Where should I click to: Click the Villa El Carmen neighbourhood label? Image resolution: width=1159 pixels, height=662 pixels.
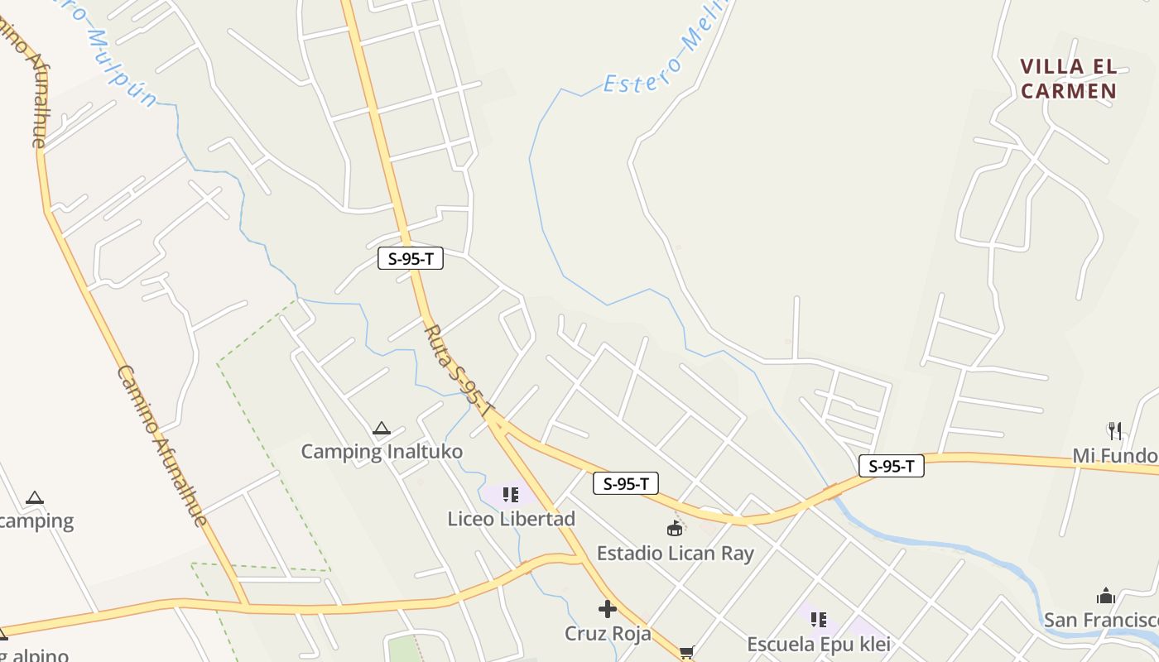(x=1068, y=79)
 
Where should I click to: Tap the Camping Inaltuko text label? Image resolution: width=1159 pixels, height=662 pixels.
(x=381, y=452)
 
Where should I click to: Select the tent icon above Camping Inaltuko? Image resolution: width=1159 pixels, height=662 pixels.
(x=381, y=428)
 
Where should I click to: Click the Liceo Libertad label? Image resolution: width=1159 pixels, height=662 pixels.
(x=511, y=519)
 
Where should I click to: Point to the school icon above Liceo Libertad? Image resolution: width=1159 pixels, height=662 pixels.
(x=511, y=495)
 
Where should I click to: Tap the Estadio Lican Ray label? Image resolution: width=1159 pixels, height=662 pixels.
(x=675, y=553)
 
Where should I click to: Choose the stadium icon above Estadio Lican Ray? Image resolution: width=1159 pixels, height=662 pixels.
(x=675, y=529)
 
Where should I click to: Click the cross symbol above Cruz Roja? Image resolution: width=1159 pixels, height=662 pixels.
(x=608, y=610)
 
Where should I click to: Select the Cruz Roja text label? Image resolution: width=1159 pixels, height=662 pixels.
(x=608, y=634)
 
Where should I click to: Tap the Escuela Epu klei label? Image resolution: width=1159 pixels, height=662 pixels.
(x=818, y=644)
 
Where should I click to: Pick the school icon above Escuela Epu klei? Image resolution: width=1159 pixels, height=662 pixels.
(x=819, y=619)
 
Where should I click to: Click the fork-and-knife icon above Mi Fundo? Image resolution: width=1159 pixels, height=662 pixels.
(x=1115, y=430)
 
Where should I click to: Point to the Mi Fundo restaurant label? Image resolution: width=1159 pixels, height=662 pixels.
(x=1115, y=455)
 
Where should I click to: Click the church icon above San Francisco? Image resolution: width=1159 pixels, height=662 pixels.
(x=1106, y=596)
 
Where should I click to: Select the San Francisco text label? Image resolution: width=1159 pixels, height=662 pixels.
(x=1101, y=620)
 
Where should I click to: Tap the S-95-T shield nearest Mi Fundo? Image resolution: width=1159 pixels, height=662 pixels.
(x=891, y=466)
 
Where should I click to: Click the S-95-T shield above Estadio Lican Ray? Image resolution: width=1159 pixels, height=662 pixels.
(x=625, y=483)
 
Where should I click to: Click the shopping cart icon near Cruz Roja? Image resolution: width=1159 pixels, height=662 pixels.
(x=686, y=653)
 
